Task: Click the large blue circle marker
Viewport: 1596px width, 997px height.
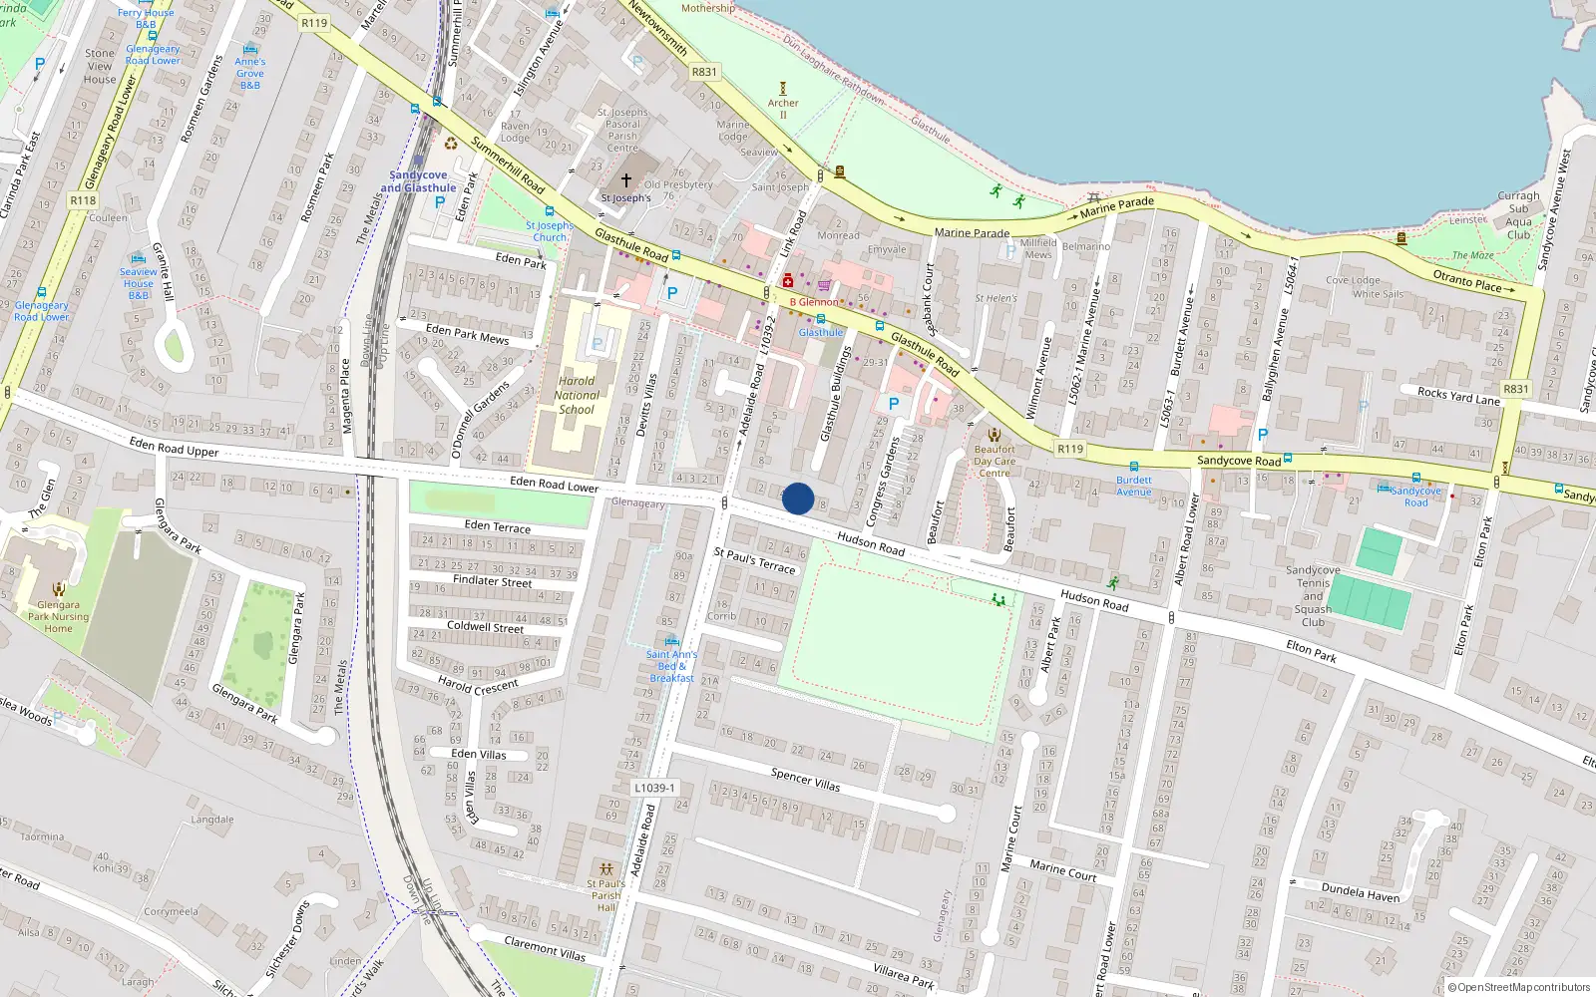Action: (x=798, y=498)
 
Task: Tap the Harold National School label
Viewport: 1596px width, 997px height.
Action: (x=577, y=395)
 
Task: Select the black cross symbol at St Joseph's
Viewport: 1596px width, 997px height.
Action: (x=626, y=180)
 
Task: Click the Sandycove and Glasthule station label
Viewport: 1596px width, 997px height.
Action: (x=418, y=181)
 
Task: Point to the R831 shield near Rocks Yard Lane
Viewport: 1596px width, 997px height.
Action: (x=1515, y=389)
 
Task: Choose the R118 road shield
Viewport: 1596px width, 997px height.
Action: (x=83, y=200)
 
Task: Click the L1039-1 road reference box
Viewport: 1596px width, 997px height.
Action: (x=653, y=788)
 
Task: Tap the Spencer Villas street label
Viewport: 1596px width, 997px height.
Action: (x=805, y=779)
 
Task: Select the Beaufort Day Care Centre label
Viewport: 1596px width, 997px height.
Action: (x=995, y=461)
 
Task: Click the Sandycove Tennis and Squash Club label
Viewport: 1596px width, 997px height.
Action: (x=1313, y=596)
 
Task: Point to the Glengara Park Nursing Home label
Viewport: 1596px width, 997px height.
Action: (x=58, y=616)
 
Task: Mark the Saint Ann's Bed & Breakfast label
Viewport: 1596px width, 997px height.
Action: (x=671, y=666)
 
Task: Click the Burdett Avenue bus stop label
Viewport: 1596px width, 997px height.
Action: (x=1134, y=486)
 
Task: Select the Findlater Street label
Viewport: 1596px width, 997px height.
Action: (x=492, y=580)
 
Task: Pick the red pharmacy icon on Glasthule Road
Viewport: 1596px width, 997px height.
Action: (x=788, y=281)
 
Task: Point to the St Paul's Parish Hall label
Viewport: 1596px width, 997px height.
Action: (x=605, y=894)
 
